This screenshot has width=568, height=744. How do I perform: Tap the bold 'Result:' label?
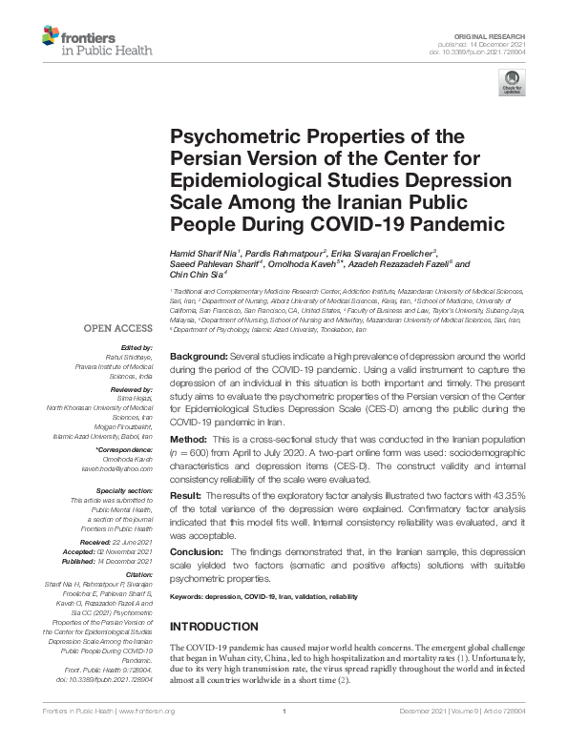click(187, 497)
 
